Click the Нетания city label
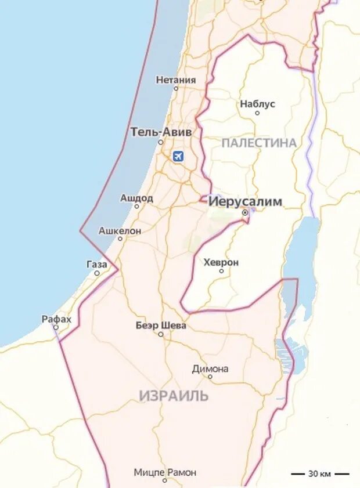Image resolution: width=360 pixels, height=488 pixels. point(176,80)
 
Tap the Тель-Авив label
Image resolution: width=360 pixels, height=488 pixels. point(161,132)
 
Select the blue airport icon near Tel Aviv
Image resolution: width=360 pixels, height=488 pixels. point(178,156)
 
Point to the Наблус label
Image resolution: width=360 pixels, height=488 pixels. point(257,104)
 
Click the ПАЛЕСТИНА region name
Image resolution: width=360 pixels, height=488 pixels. point(259,143)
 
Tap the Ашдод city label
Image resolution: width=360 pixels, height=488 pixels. point(137,198)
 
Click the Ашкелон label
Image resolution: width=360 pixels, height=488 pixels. point(120,231)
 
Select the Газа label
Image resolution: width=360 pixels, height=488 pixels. point(97,265)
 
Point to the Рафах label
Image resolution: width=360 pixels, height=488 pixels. point(56,319)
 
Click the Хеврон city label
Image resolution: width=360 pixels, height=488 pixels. point(221,262)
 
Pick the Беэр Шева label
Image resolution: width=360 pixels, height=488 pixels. point(161,326)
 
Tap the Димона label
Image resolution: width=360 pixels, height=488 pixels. point(210,368)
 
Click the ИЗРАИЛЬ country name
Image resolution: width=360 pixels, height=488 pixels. point(174,396)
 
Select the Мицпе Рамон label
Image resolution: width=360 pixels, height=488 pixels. point(165,472)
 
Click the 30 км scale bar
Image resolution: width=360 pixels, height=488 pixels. point(320,473)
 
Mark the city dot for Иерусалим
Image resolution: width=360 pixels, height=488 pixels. point(245,213)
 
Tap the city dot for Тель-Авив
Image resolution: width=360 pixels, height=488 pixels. point(161,142)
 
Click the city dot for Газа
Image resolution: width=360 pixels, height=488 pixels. point(97,273)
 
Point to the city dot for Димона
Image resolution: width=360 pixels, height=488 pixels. point(210,377)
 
